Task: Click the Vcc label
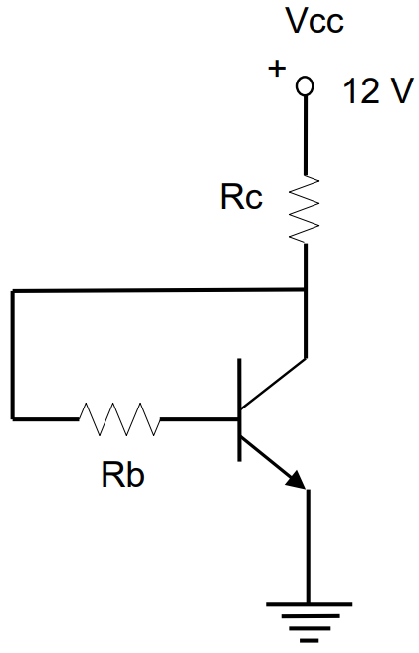(x=315, y=21)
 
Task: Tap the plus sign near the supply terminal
(x=277, y=68)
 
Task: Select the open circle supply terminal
(x=305, y=86)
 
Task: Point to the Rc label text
(x=242, y=197)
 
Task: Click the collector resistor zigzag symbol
(x=305, y=209)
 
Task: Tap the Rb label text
(x=123, y=475)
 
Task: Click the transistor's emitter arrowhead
(x=297, y=481)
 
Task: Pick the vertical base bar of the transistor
(x=239, y=409)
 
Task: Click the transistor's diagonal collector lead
(x=274, y=383)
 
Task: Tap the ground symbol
(x=309, y=622)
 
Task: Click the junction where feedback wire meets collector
(x=306, y=289)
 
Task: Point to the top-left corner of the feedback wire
(x=13, y=291)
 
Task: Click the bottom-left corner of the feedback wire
(x=13, y=418)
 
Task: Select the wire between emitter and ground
(x=309, y=547)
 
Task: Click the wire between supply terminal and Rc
(x=306, y=135)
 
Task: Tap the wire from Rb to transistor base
(x=199, y=419)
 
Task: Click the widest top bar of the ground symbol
(x=309, y=604)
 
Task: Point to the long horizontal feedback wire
(x=158, y=290)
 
